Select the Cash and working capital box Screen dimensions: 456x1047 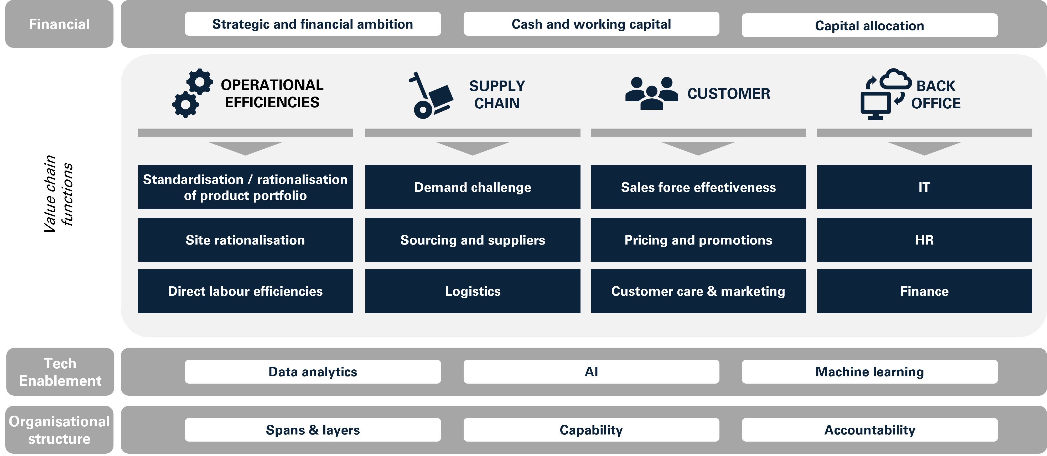(591, 24)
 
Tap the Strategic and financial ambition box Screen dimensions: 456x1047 (313, 24)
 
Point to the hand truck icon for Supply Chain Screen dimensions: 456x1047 (430, 96)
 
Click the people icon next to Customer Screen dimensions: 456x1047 (651, 93)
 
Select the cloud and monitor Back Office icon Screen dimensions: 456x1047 (885, 94)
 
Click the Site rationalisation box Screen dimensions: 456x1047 (245, 240)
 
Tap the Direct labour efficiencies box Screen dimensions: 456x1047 (245, 291)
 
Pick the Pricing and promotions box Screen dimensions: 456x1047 (698, 240)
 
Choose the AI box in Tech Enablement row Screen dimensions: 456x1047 (591, 372)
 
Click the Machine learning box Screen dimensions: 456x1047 (869, 372)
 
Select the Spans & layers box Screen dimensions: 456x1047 (313, 430)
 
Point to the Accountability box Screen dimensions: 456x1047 (869, 430)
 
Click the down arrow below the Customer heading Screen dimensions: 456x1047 (698, 147)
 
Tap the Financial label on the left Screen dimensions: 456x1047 (59, 24)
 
